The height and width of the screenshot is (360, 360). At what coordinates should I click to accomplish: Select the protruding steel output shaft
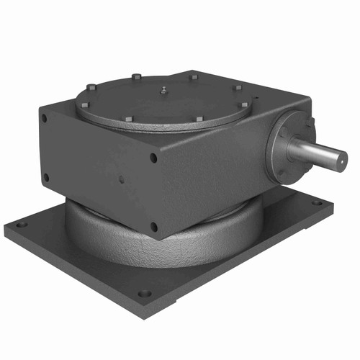tap(317, 152)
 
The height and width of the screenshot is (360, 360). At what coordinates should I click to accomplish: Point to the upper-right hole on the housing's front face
tap(153, 158)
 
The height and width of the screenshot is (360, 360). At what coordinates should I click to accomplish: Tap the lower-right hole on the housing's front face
tap(153, 227)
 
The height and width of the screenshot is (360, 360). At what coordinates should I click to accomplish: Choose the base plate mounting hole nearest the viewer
tap(144, 293)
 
